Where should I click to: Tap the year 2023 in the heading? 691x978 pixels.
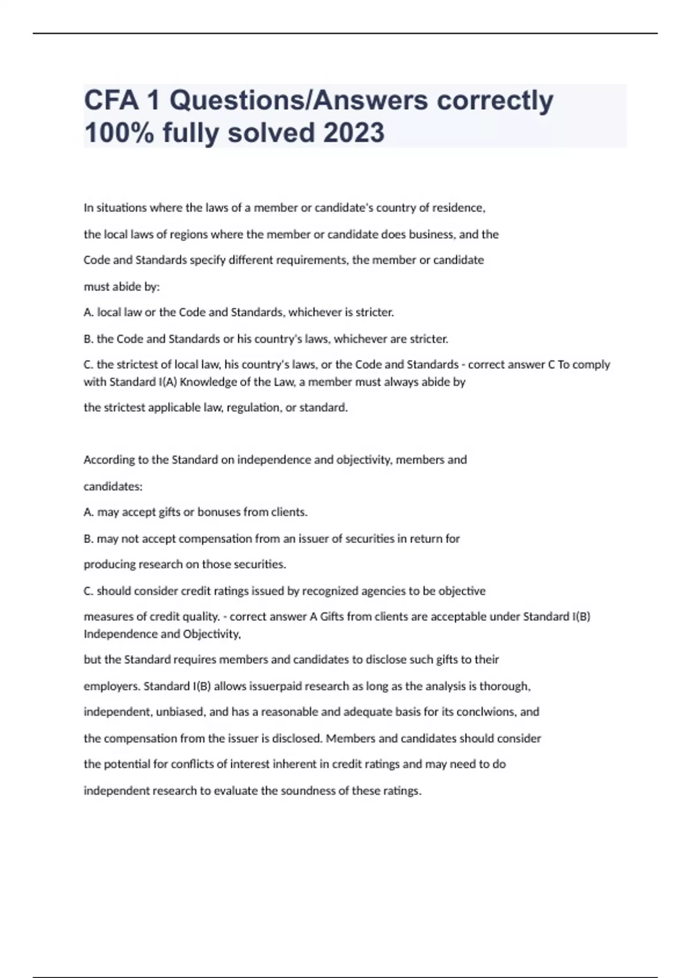pos(354,133)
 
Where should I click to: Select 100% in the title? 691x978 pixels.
pos(119,133)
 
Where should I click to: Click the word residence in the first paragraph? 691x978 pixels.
pos(459,208)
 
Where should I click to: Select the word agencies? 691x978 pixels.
pos(383,591)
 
